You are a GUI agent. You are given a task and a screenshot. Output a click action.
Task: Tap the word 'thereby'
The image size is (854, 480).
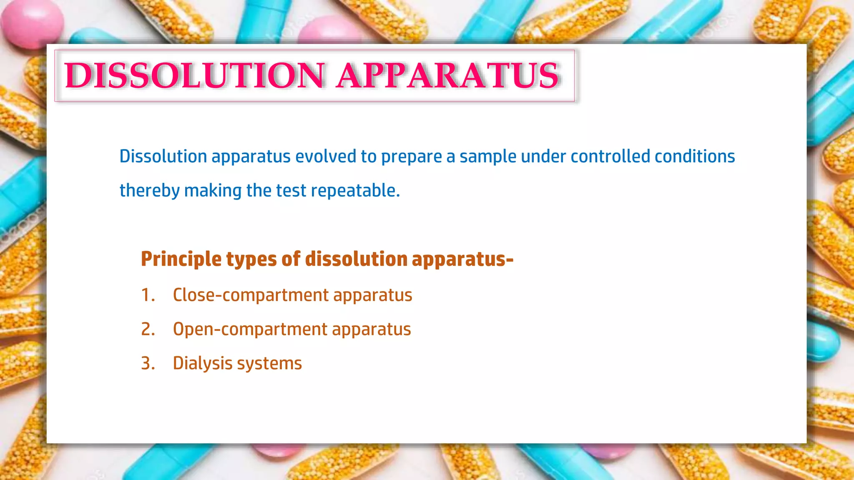(x=150, y=191)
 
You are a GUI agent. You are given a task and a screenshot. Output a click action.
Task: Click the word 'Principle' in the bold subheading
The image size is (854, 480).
(x=181, y=259)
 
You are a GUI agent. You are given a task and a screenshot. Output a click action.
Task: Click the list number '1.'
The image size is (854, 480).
(x=148, y=295)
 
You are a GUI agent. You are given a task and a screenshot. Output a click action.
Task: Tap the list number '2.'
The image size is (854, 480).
(x=148, y=330)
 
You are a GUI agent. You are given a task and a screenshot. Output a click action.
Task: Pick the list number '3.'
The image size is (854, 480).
(x=148, y=364)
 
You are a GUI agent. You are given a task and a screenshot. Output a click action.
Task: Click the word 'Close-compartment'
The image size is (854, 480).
(x=251, y=295)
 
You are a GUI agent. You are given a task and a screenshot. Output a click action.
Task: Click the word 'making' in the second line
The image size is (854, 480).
(x=213, y=191)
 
